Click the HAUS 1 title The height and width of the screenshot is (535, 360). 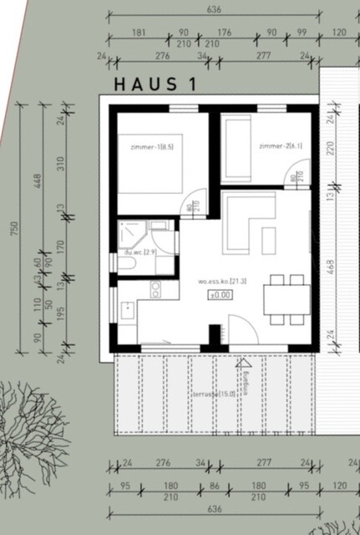156,84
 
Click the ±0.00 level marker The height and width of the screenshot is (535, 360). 220,295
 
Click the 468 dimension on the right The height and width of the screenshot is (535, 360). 332,267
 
